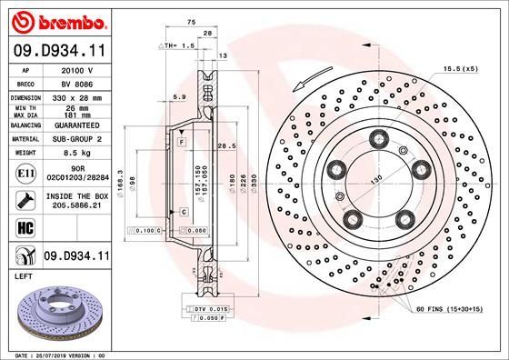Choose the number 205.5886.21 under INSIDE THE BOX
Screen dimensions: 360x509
[x=76, y=205]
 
